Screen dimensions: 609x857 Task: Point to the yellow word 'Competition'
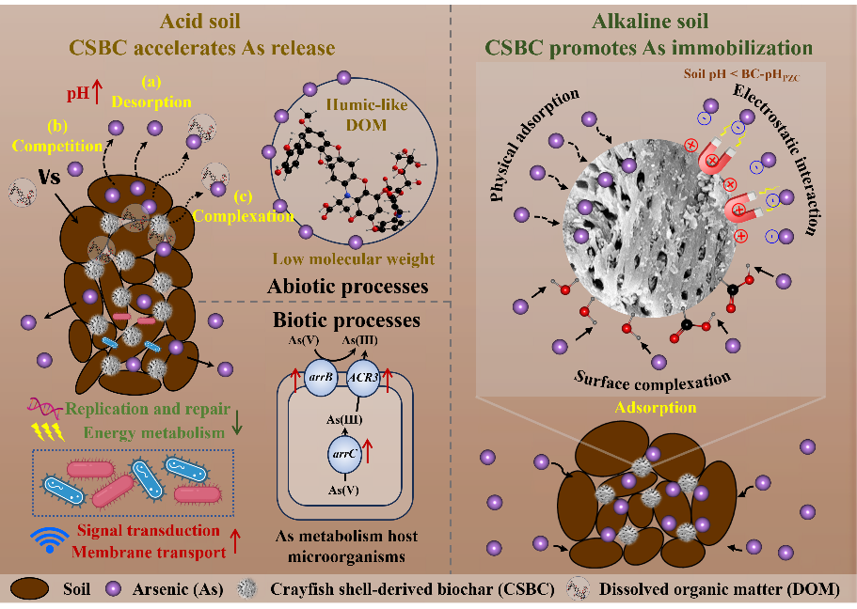coord(63,147)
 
